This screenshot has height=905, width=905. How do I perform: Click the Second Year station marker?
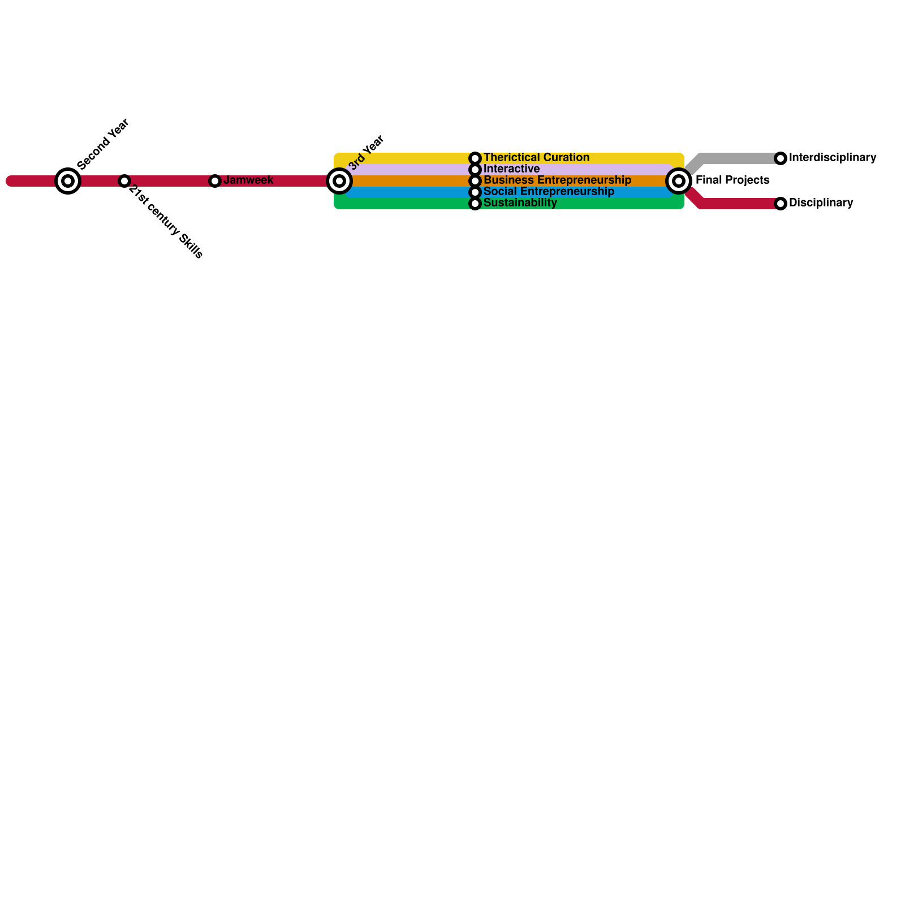tap(68, 181)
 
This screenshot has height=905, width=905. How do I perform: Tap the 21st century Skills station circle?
tap(124, 181)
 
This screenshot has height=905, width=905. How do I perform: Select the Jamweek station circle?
tap(215, 181)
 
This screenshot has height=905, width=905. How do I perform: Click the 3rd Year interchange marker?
tap(339, 181)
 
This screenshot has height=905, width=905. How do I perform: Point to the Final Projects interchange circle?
tap(679, 181)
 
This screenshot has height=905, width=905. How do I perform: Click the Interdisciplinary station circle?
tap(781, 158)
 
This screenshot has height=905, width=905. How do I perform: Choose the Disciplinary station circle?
tap(781, 204)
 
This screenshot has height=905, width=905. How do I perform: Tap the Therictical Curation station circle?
tap(475, 158)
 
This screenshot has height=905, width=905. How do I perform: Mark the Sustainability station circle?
tap(475, 204)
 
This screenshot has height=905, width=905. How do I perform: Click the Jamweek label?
tap(248, 180)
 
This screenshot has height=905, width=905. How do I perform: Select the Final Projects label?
tap(732, 180)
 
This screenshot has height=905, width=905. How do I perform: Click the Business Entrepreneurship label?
tap(557, 180)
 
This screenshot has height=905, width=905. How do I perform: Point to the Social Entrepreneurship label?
tap(549, 192)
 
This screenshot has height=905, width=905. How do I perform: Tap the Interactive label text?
tap(511, 169)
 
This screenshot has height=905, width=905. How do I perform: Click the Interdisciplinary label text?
tap(832, 158)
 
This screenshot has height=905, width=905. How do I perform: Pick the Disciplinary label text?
tap(821, 203)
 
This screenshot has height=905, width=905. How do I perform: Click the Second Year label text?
tap(104, 145)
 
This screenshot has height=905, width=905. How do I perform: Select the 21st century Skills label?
tap(166, 222)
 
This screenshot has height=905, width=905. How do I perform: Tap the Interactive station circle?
tap(475, 170)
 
